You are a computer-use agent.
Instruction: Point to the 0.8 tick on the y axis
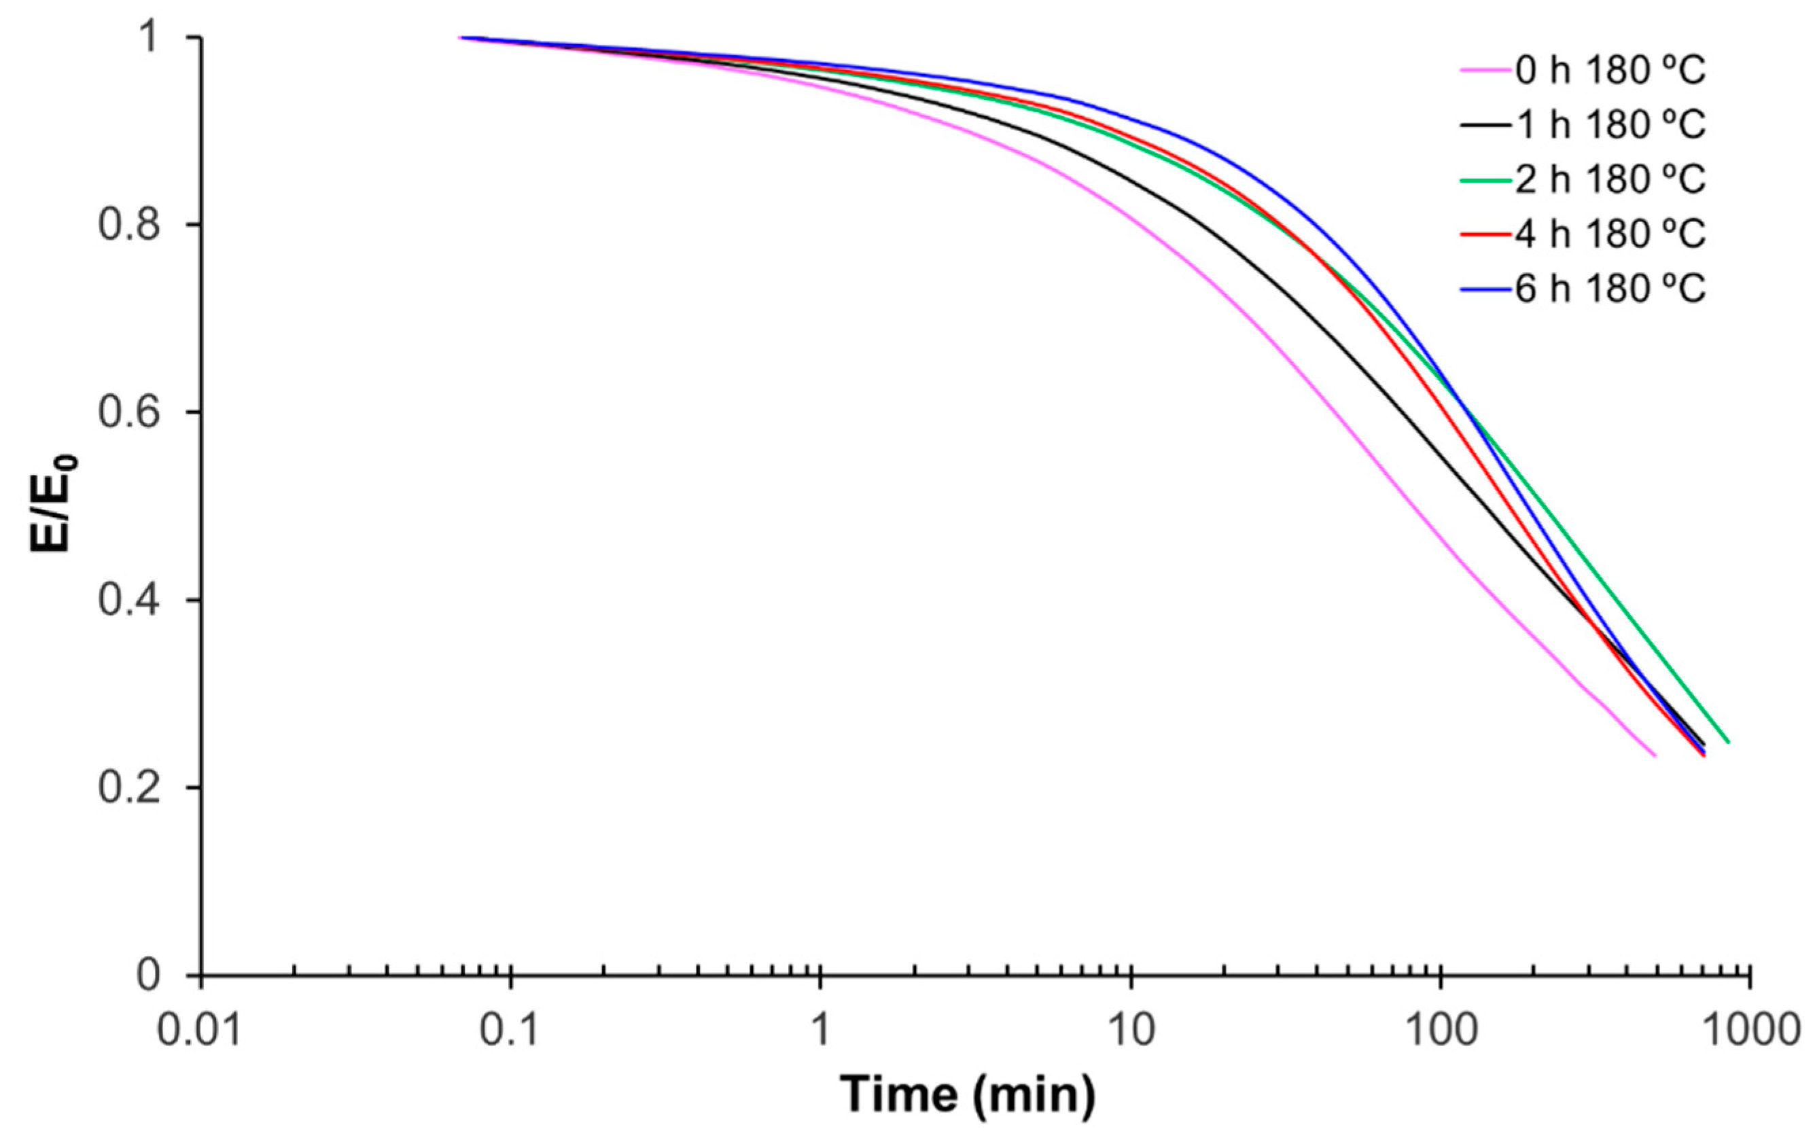130,226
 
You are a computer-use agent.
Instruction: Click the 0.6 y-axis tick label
130,413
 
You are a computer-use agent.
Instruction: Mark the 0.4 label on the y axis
130,601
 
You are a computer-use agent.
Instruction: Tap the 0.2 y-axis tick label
130,788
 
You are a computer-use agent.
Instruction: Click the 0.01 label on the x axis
200,1029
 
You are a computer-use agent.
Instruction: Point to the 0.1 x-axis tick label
511,1029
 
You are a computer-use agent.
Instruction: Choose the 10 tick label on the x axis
1131,1029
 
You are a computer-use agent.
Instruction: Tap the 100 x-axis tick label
1441,1029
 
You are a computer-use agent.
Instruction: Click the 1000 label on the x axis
1750,1029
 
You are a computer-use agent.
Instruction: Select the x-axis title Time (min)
968,1094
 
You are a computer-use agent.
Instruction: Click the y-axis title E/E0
53,503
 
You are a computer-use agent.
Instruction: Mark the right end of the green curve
1728,743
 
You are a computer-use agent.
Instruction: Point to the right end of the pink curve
1655,756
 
